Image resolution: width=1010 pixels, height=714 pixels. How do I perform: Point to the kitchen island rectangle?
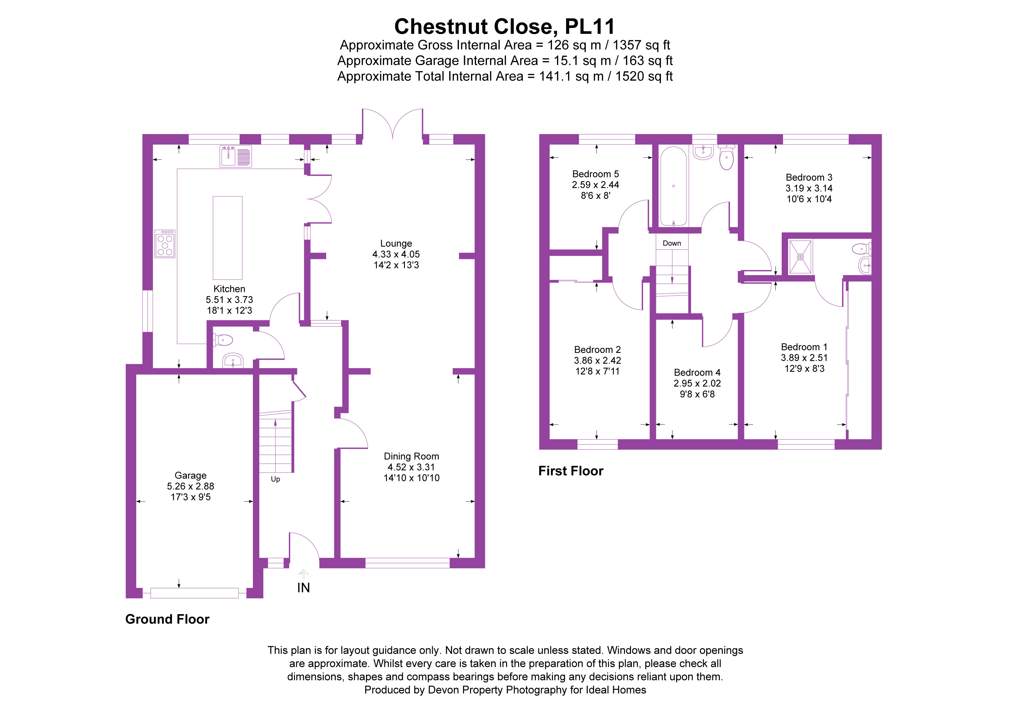click(x=227, y=237)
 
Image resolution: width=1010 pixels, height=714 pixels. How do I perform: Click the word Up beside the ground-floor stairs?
click(x=275, y=479)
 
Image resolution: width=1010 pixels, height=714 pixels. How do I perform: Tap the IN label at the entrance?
click(x=303, y=588)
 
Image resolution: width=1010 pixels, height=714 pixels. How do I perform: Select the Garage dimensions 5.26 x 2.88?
click(x=191, y=486)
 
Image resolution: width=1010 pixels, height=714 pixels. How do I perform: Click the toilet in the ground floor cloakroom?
click(x=223, y=340)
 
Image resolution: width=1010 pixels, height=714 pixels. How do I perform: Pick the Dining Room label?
click(x=411, y=456)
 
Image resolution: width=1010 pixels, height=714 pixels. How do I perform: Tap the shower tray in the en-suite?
click(x=800, y=256)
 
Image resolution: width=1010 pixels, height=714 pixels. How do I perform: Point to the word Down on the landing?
click(x=672, y=243)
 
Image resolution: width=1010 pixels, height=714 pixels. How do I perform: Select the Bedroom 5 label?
click(x=595, y=174)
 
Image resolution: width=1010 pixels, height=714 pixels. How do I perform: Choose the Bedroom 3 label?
click(x=809, y=178)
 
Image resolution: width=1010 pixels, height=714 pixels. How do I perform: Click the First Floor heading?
click(x=571, y=471)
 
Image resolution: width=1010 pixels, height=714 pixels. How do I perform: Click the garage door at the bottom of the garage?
click(x=194, y=593)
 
